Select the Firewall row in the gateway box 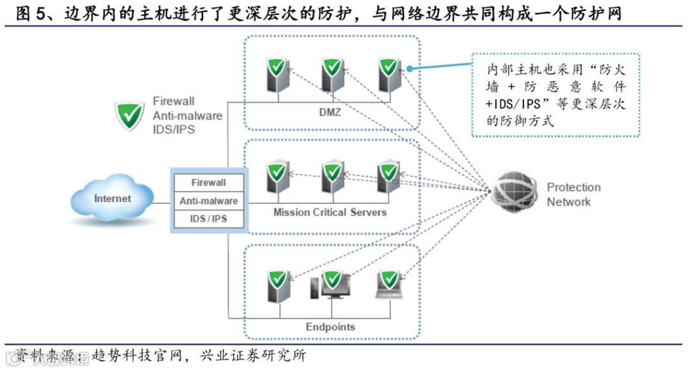pos(208,182)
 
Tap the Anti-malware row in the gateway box pos(208,201)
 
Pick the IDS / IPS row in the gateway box pos(208,219)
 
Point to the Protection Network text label pos(573,194)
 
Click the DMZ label pos(330,113)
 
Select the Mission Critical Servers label pos(330,212)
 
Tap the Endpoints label pos(330,327)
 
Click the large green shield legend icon pos(129,115)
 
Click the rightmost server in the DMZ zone pos(388,75)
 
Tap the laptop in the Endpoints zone pos(389,285)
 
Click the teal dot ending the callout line pos(410,68)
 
